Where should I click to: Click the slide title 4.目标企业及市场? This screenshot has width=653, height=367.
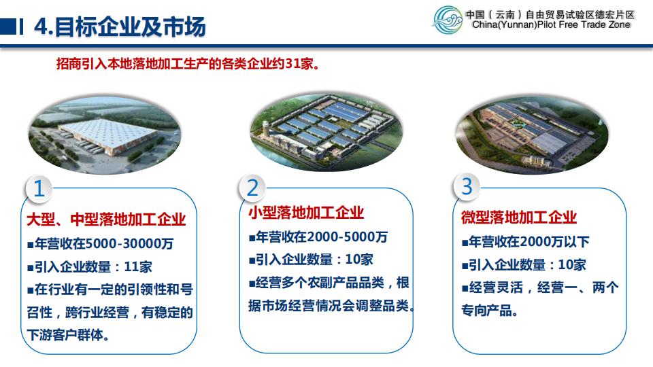[120, 27]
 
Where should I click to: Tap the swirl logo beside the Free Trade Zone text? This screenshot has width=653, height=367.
[448, 20]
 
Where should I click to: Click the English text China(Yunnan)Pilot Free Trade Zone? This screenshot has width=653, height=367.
[551, 25]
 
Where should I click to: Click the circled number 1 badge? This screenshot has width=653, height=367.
[39, 188]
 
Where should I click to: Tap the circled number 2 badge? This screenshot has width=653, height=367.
[252, 188]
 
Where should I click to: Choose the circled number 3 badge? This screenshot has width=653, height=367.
[467, 186]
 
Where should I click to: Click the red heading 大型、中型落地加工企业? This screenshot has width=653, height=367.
[106, 220]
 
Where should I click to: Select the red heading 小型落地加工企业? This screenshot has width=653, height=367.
[306, 213]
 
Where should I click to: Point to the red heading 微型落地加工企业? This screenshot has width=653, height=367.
[519, 217]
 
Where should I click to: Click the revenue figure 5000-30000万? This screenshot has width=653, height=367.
[129, 243]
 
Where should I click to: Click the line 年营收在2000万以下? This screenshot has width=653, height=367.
[526, 242]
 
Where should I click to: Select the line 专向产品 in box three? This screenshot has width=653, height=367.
[489, 310]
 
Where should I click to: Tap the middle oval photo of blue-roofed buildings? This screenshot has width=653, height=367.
[326, 132]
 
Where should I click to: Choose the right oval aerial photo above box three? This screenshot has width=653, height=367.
[532, 134]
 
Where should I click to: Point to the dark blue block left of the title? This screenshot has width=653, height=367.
[8, 27]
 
